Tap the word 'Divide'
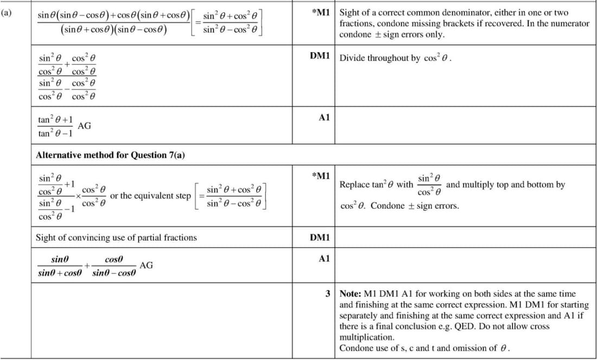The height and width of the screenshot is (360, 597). click(353, 58)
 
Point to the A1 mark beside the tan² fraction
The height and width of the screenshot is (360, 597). click(324, 117)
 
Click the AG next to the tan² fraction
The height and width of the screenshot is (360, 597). click(85, 126)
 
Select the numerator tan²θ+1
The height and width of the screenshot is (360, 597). click(56, 119)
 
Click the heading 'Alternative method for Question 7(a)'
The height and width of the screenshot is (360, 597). click(110, 155)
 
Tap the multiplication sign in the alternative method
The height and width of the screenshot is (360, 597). click(78, 196)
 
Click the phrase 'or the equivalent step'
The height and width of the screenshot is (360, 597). click(150, 195)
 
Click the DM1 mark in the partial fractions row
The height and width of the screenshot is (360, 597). click(320, 237)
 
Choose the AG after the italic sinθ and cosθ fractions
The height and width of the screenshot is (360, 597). click(146, 265)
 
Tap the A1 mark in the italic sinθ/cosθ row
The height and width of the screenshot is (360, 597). click(324, 259)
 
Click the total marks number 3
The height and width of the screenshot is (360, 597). click(328, 294)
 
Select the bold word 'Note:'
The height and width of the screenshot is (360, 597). click(351, 294)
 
